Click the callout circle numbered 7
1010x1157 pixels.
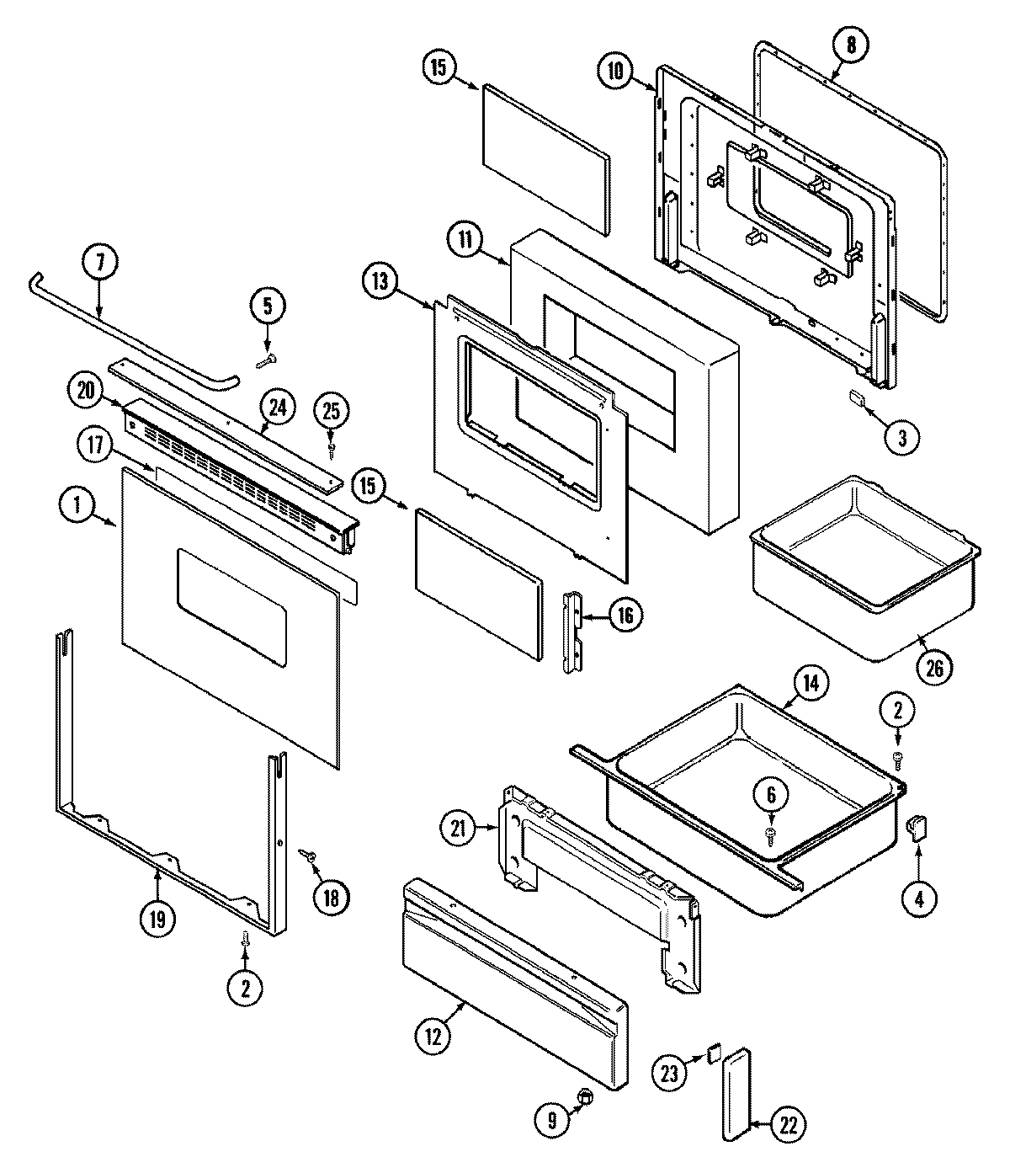pyautogui.click(x=100, y=262)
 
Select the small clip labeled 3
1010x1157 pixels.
pyautogui.click(x=858, y=398)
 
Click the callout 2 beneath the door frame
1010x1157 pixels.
pyautogui.click(x=246, y=988)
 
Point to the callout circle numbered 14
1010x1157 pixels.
pyautogui.click(x=809, y=683)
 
